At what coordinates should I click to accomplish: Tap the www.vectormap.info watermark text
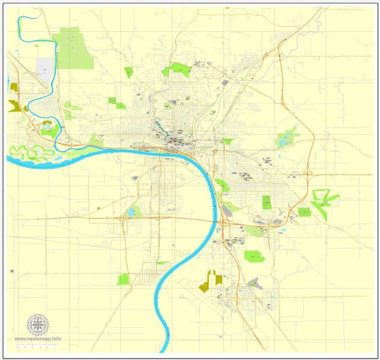click(38, 339)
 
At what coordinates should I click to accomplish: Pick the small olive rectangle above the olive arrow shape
click(14, 87)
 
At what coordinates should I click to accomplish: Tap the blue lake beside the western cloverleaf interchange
click(130, 213)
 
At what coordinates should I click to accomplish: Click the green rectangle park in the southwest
click(123, 279)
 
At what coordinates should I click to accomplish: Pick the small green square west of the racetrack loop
click(304, 212)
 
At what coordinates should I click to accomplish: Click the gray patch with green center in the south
click(254, 283)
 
